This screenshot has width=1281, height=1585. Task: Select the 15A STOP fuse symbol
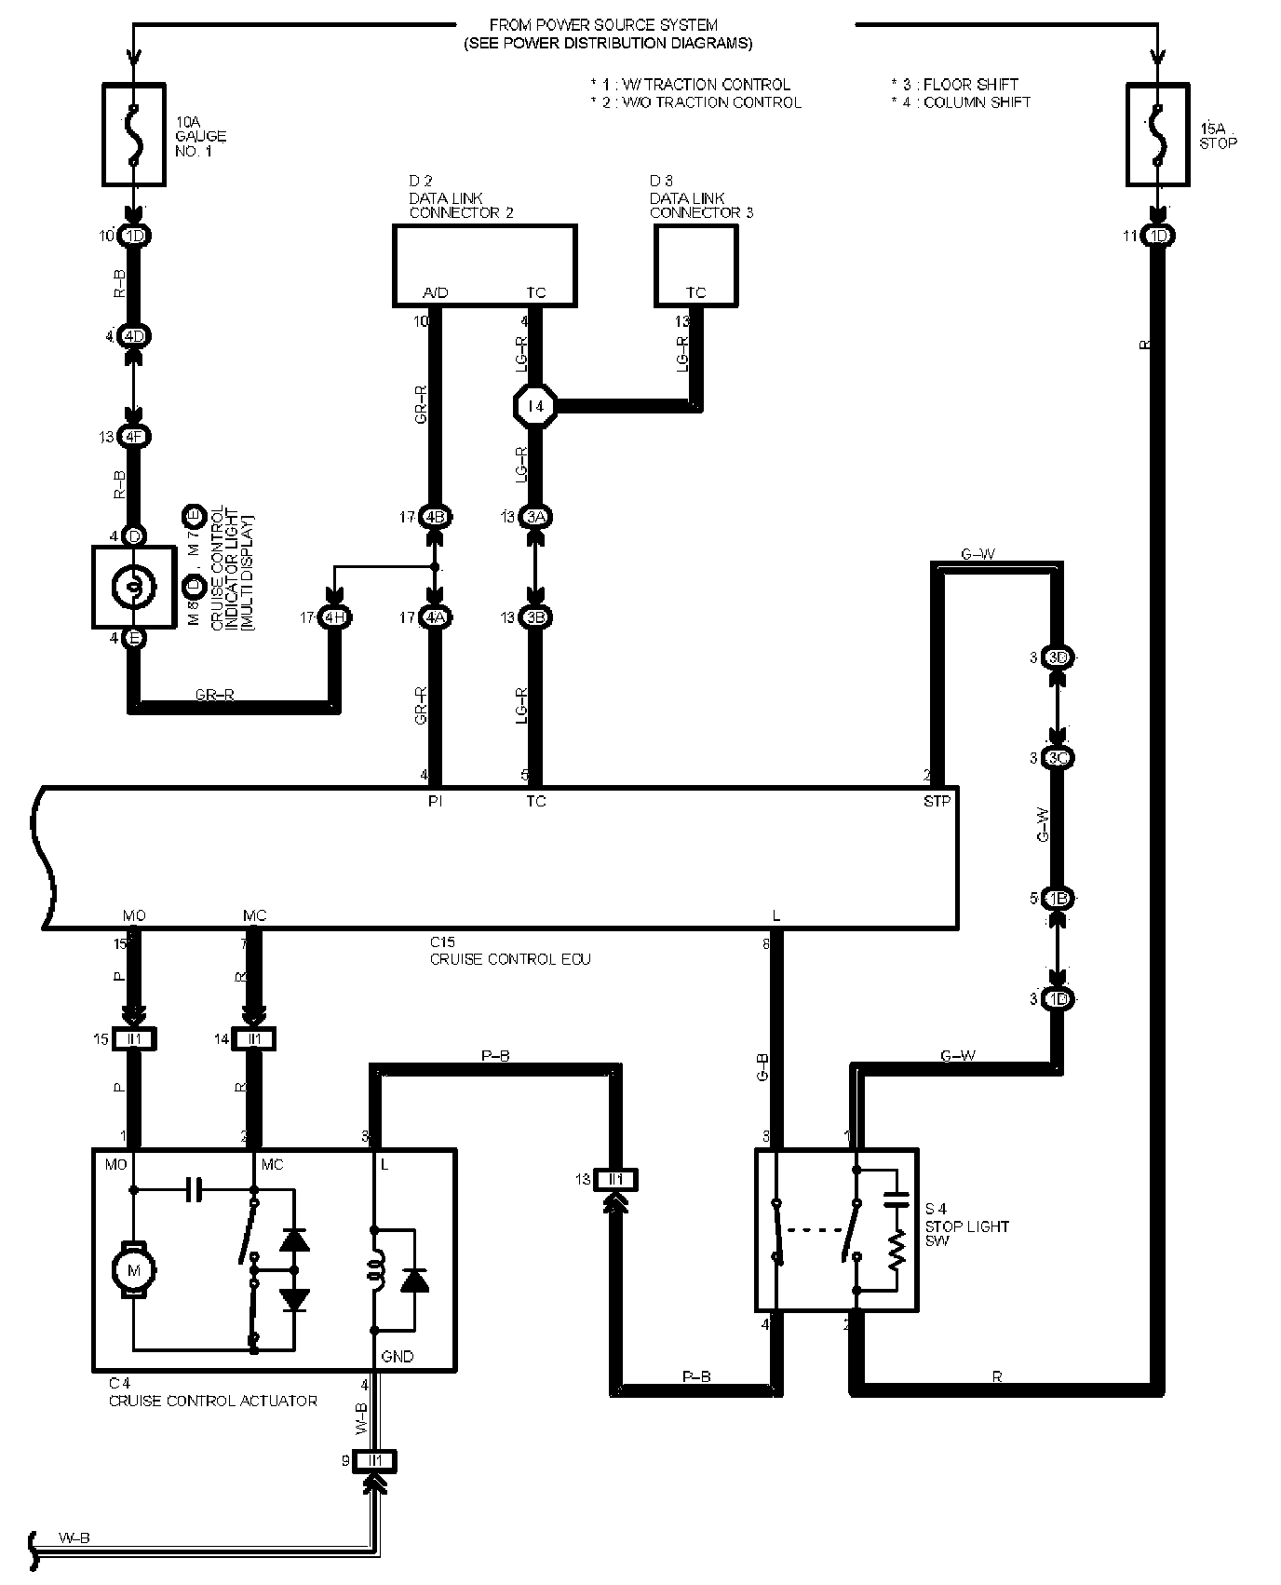(1157, 132)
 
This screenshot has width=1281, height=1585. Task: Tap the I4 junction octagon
(534, 405)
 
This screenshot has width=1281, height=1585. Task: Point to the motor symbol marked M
(133, 1268)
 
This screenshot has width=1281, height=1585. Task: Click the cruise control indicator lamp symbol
(133, 586)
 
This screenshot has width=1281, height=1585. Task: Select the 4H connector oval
(333, 616)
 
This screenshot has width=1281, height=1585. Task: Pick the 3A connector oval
(534, 517)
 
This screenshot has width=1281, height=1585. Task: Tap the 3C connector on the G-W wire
(1058, 758)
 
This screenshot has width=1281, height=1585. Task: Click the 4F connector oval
(134, 436)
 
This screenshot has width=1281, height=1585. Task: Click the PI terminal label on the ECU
(435, 800)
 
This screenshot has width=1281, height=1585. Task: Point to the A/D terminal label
(435, 292)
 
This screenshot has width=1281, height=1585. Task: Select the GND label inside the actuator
(398, 1356)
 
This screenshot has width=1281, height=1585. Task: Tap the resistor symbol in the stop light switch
(896, 1253)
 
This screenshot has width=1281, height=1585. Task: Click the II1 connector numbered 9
(375, 1460)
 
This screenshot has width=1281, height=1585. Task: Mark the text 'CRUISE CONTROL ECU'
(510, 959)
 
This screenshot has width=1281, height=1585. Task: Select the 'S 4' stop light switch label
(937, 1208)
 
